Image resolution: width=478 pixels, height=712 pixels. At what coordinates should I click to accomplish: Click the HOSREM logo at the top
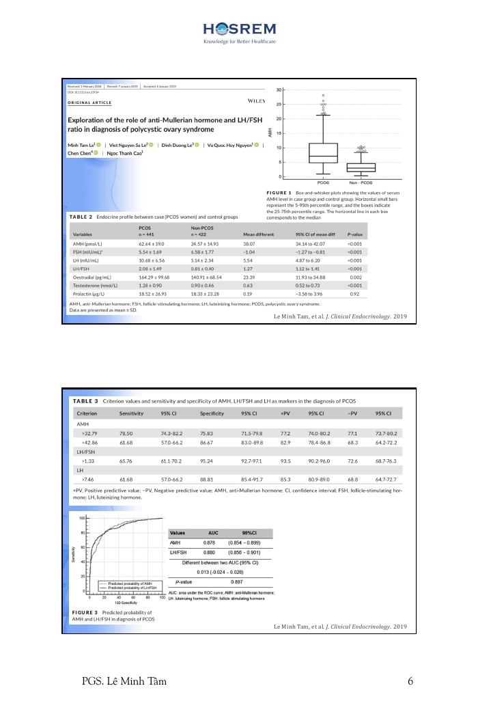[x=239, y=31]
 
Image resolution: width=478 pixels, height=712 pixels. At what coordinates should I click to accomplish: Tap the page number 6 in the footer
[x=410, y=681]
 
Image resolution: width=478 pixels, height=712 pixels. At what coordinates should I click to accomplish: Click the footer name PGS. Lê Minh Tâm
[x=124, y=681]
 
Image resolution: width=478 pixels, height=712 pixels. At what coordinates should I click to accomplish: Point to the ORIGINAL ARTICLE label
[x=89, y=102]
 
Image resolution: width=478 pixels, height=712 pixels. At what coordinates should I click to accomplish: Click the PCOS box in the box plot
[x=323, y=154]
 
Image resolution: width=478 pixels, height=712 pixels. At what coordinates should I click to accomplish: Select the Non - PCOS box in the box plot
[x=361, y=167]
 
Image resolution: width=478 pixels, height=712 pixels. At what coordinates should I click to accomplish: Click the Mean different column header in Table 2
[x=258, y=234]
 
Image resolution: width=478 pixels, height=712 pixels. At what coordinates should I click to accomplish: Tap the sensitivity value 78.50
[x=126, y=433]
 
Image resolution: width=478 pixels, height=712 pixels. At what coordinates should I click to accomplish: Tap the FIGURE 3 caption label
[x=85, y=612]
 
